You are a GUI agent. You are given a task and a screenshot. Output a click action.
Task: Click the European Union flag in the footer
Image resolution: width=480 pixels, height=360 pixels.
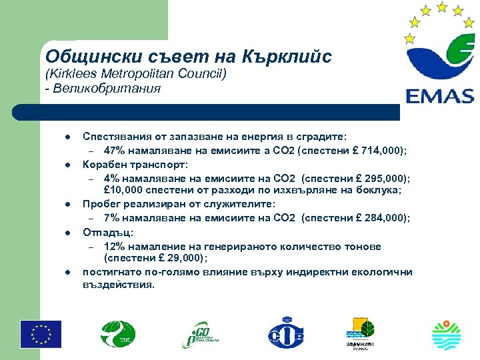(x=41, y=333)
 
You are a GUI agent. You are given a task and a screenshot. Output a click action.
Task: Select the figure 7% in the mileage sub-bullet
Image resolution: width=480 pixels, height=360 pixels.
(x=113, y=219)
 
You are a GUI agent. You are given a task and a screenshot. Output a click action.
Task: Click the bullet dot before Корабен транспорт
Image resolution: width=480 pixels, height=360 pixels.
(x=68, y=165)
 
